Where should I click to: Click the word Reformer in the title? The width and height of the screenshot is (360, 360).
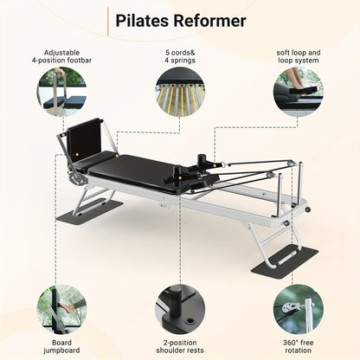(x=209, y=21)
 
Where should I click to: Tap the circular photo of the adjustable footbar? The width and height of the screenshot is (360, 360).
(x=62, y=92)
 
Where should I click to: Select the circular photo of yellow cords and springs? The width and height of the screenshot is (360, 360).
(x=180, y=92)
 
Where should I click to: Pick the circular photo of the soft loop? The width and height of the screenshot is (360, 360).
(x=299, y=92)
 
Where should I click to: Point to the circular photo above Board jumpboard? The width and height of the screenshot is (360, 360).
(x=61, y=309)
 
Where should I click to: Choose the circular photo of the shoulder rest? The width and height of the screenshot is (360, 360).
(x=180, y=309)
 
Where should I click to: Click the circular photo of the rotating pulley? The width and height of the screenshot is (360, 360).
(x=299, y=309)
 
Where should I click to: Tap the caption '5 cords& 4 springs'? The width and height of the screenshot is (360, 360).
(x=180, y=56)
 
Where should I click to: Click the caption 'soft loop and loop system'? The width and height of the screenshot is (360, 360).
(x=299, y=56)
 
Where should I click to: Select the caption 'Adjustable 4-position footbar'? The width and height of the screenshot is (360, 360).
(x=61, y=56)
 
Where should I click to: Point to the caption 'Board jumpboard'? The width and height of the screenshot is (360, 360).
(x=61, y=346)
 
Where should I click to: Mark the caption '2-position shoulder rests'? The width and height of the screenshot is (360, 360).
(x=180, y=346)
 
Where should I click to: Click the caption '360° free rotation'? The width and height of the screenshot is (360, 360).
(x=298, y=346)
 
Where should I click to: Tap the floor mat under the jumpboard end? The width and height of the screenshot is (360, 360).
(x=89, y=210)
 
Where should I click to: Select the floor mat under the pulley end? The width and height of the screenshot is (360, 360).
(x=285, y=261)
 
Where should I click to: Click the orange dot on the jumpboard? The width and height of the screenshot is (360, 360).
(x=77, y=155)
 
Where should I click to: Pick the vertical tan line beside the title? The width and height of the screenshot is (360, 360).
(x=108, y=22)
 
